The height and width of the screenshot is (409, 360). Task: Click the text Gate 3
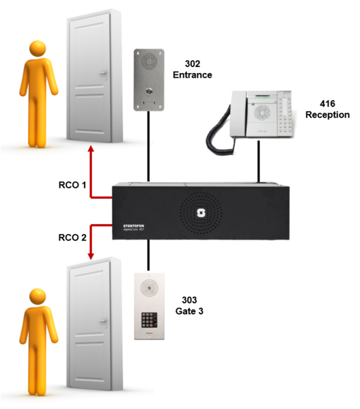[190, 311]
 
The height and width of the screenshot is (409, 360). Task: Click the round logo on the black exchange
[202, 212]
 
